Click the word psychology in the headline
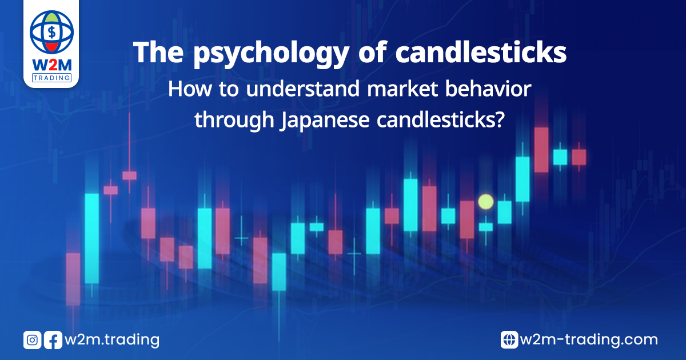click(271, 54)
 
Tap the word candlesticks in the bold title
click(481, 52)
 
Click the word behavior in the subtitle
click(488, 89)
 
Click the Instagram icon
click(32, 340)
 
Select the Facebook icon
click(53, 340)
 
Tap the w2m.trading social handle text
click(112, 341)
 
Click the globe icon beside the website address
click(509, 340)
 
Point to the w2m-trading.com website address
click(589, 341)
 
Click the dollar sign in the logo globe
click(52, 32)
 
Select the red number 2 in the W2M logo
click(52, 65)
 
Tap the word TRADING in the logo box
click(52, 78)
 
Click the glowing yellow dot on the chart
click(486, 202)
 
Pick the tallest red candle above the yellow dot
click(541, 150)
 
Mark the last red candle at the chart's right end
click(579, 157)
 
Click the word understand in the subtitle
click(303, 89)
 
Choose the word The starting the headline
click(158, 52)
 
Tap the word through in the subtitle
click(234, 120)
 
